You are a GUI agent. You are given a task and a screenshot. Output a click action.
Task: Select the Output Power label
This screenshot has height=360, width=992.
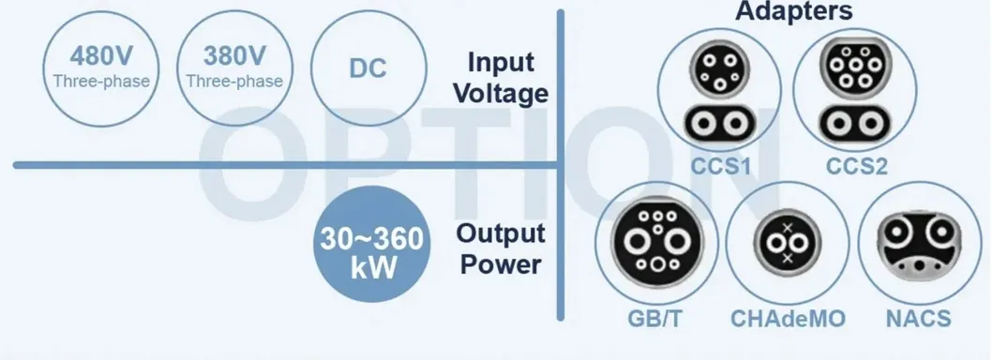pyautogui.click(x=499, y=249)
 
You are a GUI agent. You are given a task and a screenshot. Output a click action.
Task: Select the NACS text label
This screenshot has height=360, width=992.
pyautogui.click(x=918, y=319)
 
